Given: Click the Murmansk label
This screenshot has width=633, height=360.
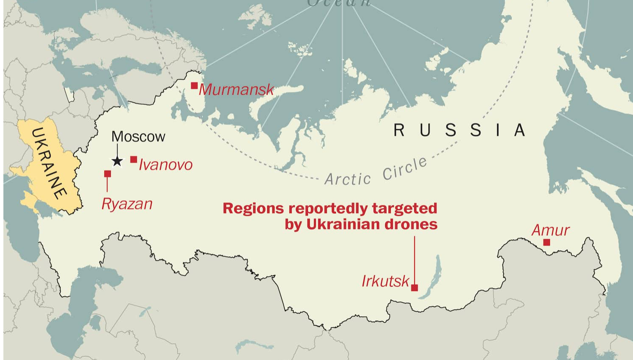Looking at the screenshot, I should (x=236, y=89).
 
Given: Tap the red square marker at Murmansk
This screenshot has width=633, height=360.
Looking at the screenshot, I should (x=194, y=86).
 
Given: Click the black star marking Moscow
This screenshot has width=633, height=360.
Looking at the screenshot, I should (x=117, y=161).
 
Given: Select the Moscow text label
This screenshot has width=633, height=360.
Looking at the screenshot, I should (x=138, y=137).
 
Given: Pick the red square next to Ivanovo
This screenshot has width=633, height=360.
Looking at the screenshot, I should (x=134, y=159).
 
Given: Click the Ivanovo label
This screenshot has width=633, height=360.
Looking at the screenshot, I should (x=165, y=165).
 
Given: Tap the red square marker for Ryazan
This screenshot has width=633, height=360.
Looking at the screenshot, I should (x=107, y=174).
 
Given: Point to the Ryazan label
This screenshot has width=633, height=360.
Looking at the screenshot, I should (x=126, y=204).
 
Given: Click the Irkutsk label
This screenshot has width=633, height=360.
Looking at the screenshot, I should (x=385, y=281).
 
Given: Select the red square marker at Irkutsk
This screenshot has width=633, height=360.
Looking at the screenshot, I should (x=415, y=288).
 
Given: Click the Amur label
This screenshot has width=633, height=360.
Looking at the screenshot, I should (x=550, y=230).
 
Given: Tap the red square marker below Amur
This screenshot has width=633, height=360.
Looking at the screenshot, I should (x=546, y=243).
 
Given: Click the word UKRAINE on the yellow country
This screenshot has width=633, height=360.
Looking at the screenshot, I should (x=49, y=163).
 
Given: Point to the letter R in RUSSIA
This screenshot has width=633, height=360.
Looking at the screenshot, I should (x=399, y=130).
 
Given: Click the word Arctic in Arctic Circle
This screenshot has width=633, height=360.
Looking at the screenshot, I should (x=347, y=179).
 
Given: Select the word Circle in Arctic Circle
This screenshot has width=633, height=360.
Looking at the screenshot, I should (x=404, y=168).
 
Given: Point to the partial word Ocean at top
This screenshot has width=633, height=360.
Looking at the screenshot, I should (x=339, y=3).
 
